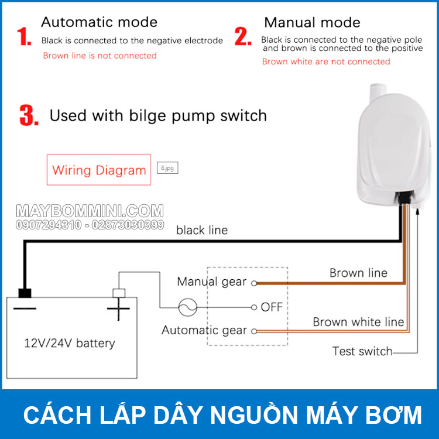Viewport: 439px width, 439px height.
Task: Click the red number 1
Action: [24, 36]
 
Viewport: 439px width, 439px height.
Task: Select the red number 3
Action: [29, 115]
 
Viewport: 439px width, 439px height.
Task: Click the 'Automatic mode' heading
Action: [99, 22]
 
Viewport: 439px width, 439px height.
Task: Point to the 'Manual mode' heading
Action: [313, 22]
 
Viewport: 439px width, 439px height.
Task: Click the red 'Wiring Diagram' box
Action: [98, 170]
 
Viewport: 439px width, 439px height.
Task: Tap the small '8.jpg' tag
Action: [167, 168]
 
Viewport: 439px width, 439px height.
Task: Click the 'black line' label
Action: [202, 230]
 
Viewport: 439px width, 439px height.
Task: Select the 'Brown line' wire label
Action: [358, 273]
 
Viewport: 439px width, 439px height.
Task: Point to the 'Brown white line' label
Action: [358, 322]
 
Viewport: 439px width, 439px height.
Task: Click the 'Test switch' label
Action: [362, 351]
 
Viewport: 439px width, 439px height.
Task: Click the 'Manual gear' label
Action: [211, 282]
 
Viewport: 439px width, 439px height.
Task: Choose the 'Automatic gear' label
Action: [204, 330]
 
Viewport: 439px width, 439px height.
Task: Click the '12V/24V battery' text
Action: [69, 343]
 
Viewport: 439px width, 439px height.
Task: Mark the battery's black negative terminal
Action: [25, 293]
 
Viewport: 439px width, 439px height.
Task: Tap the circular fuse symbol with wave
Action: [187, 307]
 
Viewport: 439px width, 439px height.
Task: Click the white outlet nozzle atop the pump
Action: [377, 93]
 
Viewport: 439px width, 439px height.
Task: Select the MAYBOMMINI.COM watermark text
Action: [90, 211]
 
